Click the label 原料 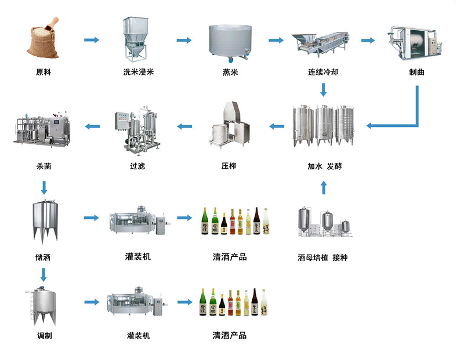coord(43,73)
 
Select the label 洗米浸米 coord(138,73)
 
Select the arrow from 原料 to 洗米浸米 coord(92,40)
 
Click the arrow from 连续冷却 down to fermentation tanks coord(324,90)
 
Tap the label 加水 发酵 coord(324,166)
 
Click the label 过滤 coord(137,166)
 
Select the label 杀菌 coord(43,166)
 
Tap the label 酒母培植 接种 coord(324,257)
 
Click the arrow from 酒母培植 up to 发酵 coord(324,187)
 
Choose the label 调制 coord(43,336)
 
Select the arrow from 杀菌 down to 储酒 coord(43,187)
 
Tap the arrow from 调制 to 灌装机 coord(92,302)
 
